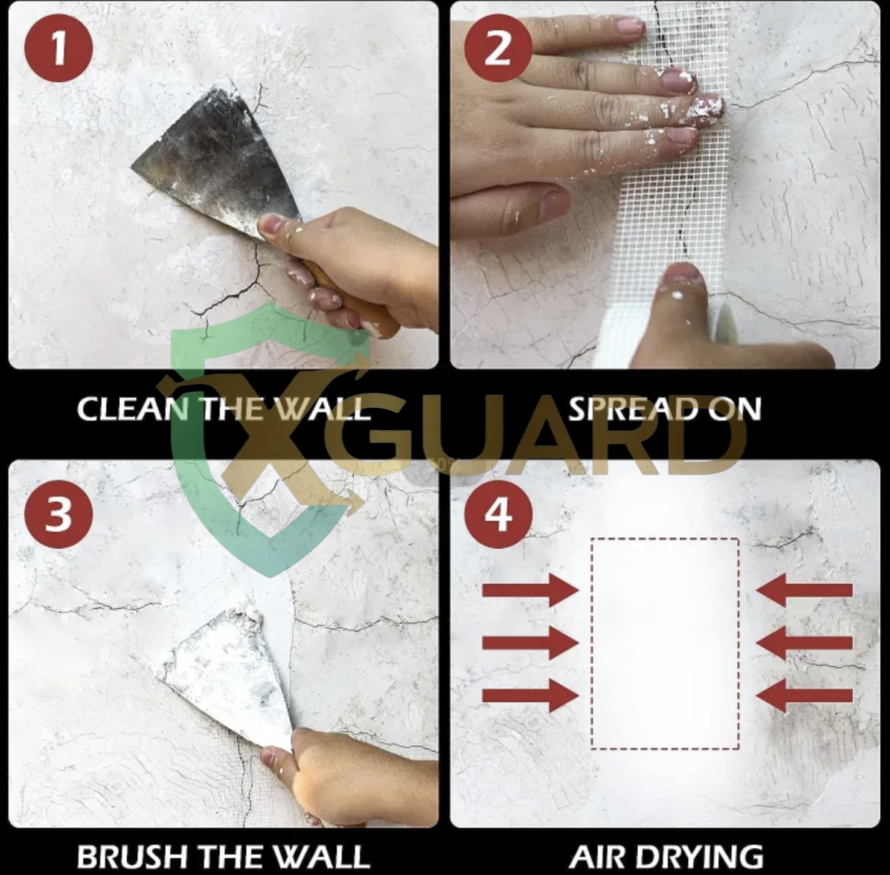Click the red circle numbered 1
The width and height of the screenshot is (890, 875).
click(x=58, y=48)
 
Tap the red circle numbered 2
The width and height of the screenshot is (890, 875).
click(x=498, y=48)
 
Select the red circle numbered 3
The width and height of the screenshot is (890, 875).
click(x=58, y=514)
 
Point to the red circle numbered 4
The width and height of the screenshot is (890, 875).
click(x=498, y=514)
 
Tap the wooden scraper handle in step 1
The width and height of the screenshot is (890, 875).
click(x=351, y=300)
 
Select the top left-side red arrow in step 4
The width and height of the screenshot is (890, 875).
click(x=531, y=590)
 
